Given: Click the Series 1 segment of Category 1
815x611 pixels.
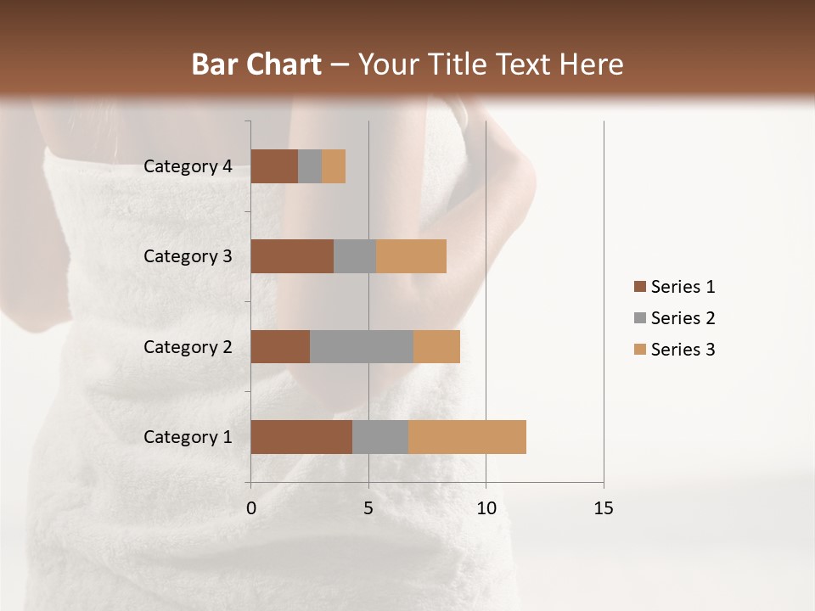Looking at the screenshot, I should click(x=301, y=437).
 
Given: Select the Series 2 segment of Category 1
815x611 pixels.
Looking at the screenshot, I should click(x=380, y=437).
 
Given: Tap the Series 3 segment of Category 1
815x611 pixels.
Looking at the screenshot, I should click(x=467, y=437).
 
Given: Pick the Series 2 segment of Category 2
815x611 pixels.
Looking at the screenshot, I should click(x=362, y=346).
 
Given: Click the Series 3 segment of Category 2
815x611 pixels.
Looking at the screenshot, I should click(x=436, y=346).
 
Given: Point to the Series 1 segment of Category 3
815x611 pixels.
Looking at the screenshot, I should click(x=292, y=256).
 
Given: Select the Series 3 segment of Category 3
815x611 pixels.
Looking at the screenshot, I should click(x=411, y=256).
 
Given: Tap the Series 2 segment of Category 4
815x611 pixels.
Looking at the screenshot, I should click(x=310, y=166).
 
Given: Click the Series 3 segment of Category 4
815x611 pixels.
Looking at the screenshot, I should click(x=334, y=166).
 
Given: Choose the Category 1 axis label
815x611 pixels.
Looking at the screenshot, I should click(x=188, y=437).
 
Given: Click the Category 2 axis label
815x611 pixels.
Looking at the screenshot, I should click(x=188, y=346).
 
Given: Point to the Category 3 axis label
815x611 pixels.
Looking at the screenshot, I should click(x=188, y=256).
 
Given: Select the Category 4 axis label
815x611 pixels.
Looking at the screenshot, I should click(x=188, y=166).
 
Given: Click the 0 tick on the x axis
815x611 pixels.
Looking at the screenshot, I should click(x=251, y=508).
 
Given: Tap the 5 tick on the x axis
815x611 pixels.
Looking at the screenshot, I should click(x=368, y=508).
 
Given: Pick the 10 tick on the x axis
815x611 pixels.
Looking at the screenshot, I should click(x=486, y=508).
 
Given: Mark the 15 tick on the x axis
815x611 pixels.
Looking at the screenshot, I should click(x=604, y=508).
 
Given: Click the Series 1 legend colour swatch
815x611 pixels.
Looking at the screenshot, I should click(x=639, y=287).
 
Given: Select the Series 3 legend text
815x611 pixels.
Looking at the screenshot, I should click(x=683, y=350).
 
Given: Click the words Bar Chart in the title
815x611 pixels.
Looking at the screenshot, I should click(x=256, y=64).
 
